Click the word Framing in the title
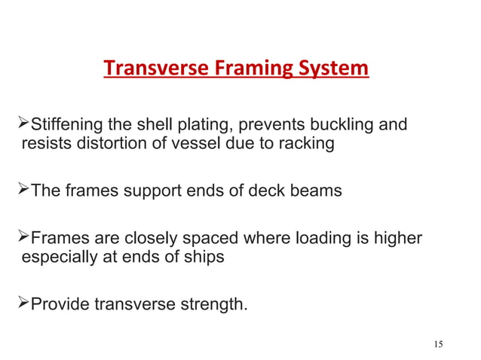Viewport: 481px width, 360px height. [x=241, y=69]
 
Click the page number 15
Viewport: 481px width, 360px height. [x=439, y=344]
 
